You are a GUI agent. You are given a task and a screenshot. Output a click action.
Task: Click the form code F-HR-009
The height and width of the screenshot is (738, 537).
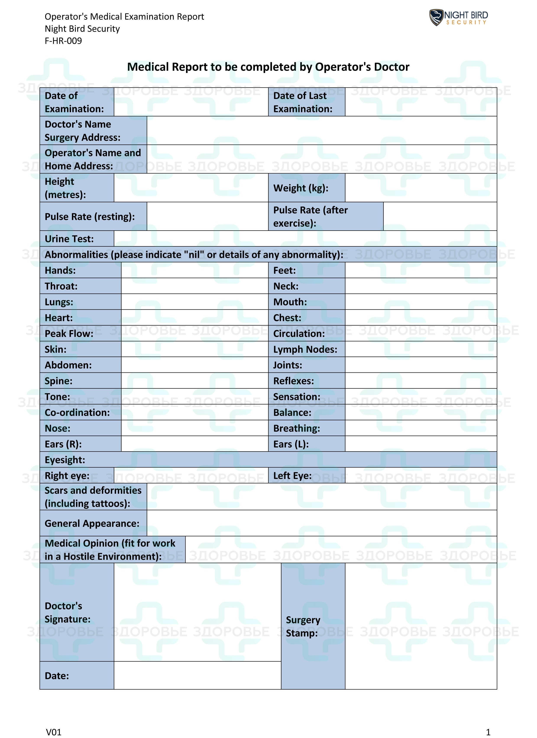(x=63, y=41)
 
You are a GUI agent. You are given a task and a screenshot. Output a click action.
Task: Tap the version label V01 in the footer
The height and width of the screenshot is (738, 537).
(x=54, y=732)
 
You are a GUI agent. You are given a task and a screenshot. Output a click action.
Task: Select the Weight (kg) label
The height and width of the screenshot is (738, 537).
(x=301, y=188)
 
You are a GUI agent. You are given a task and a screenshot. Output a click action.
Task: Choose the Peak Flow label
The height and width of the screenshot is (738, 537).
(x=69, y=333)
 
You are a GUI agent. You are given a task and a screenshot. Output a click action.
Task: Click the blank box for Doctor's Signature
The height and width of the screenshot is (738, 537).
(x=197, y=612)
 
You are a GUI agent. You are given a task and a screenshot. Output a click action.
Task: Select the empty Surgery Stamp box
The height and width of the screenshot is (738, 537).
(x=421, y=626)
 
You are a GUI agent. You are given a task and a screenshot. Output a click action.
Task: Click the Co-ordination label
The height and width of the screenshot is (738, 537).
(x=77, y=413)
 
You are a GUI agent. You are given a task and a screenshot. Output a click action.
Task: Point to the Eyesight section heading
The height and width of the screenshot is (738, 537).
(x=65, y=460)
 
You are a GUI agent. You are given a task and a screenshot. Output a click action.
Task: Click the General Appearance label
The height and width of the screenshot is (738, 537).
(x=92, y=523)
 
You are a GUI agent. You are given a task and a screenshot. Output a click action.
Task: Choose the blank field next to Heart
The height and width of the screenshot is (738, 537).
(x=194, y=318)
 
